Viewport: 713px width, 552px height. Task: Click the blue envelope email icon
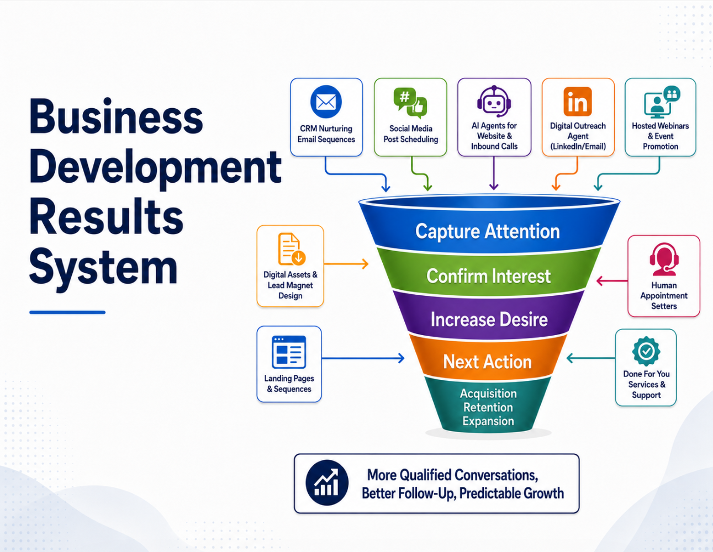pyautogui.click(x=326, y=102)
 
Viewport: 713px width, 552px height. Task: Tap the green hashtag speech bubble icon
pyautogui.click(x=410, y=103)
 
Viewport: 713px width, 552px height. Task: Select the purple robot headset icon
pyautogui.click(x=494, y=102)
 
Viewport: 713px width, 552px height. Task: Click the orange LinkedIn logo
pyautogui.click(x=578, y=102)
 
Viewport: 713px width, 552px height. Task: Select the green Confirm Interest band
pyautogui.click(x=488, y=275)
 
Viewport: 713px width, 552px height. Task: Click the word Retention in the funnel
pyautogui.click(x=488, y=407)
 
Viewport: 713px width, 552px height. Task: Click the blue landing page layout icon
pyautogui.click(x=289, y=352)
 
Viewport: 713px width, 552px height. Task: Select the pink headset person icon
pyautogui.click(x=664, y=259)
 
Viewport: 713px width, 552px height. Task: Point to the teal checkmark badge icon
pyautogui.click(x=646, y=351)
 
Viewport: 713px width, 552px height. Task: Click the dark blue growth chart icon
pyautogui.click(x=326, y=482)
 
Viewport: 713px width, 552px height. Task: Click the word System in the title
pyautogui.click(x=103, y=267)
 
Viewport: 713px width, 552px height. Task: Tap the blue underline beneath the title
pyautogui.click(x=67, y=312)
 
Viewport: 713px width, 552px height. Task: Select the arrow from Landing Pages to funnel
pyautogui.click(x=363, y=358)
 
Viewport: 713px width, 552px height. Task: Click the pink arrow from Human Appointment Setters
pyautogui.click(x=612, y=281)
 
